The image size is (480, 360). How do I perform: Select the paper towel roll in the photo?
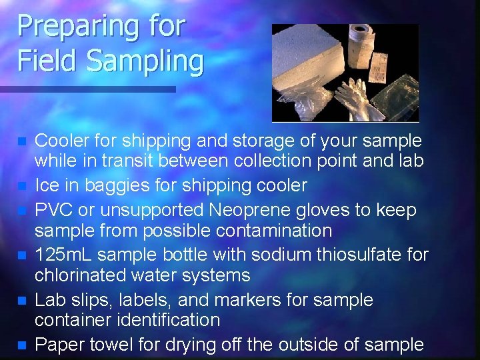click(361, 38)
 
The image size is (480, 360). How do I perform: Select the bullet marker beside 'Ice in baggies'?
click(22, 186)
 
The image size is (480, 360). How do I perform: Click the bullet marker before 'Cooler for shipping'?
click(22, 142)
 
